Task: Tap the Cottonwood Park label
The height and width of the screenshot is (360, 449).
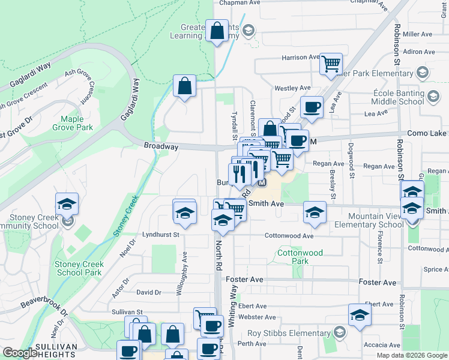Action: click(x=300, y=257)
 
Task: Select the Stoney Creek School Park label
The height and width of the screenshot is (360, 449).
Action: click(x=79, y=268)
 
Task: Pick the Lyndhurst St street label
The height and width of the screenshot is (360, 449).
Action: click(x=161, y=235)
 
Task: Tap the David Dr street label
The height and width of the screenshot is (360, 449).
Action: click(x=149, y=292)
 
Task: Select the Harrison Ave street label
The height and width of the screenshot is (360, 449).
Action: click(x=300, y=58)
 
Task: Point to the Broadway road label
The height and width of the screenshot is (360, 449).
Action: click(x=161, y=146)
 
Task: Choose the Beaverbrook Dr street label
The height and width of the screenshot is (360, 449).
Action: click(x=45, y=302)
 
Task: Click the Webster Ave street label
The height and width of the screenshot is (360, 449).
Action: click(x=256, y=317)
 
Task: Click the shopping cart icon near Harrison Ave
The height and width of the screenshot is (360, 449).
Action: click(x=331, y=63)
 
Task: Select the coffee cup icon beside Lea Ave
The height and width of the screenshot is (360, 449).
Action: click(x=311, y=107)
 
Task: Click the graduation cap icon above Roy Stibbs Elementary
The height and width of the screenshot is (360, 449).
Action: click(x=360, y=315)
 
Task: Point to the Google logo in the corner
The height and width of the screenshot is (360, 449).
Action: click(x=20, y=353)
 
